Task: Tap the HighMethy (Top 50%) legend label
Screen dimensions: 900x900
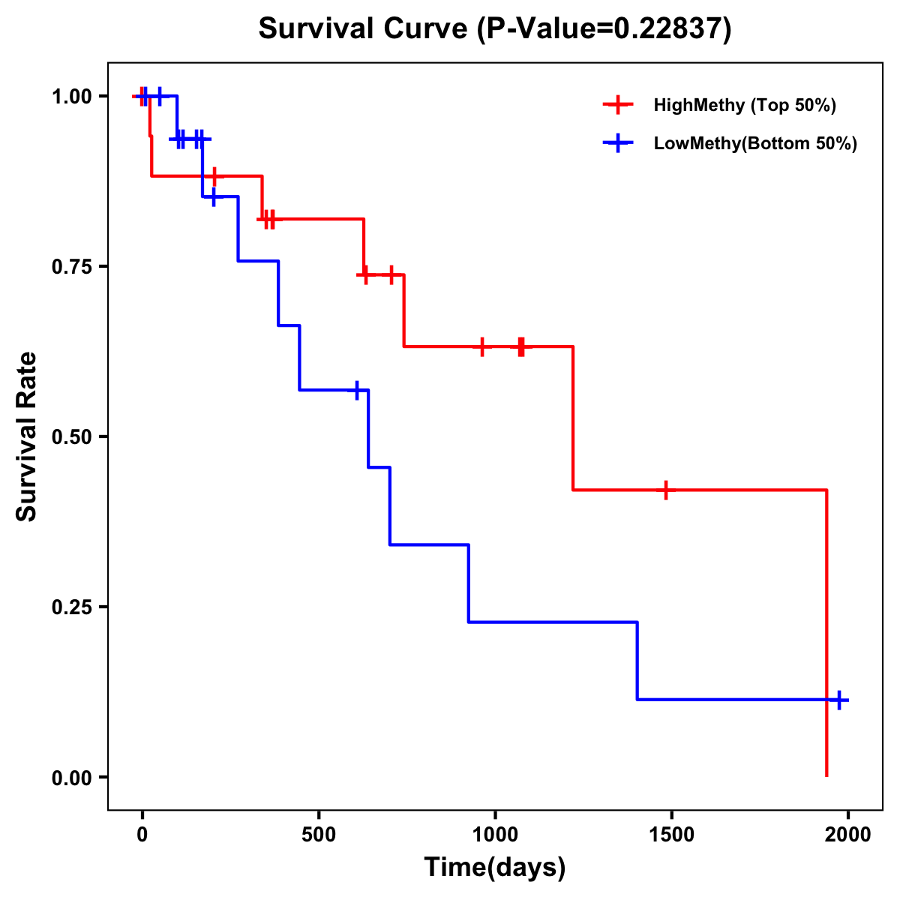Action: point(745,105)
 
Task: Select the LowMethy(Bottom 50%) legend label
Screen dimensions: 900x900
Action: point(755,143)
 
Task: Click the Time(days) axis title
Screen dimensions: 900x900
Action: point(495,868)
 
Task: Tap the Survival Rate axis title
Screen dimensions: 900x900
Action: point(27,436)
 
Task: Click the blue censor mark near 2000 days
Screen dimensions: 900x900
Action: point(838,700)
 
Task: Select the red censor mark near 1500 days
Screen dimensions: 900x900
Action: point(665,490)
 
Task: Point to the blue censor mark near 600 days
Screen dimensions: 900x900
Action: point(357,390)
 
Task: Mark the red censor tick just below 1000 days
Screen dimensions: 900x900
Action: point(482,346)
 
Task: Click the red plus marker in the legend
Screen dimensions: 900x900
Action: point(618,105)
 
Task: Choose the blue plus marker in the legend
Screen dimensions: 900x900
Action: point(618,143)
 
